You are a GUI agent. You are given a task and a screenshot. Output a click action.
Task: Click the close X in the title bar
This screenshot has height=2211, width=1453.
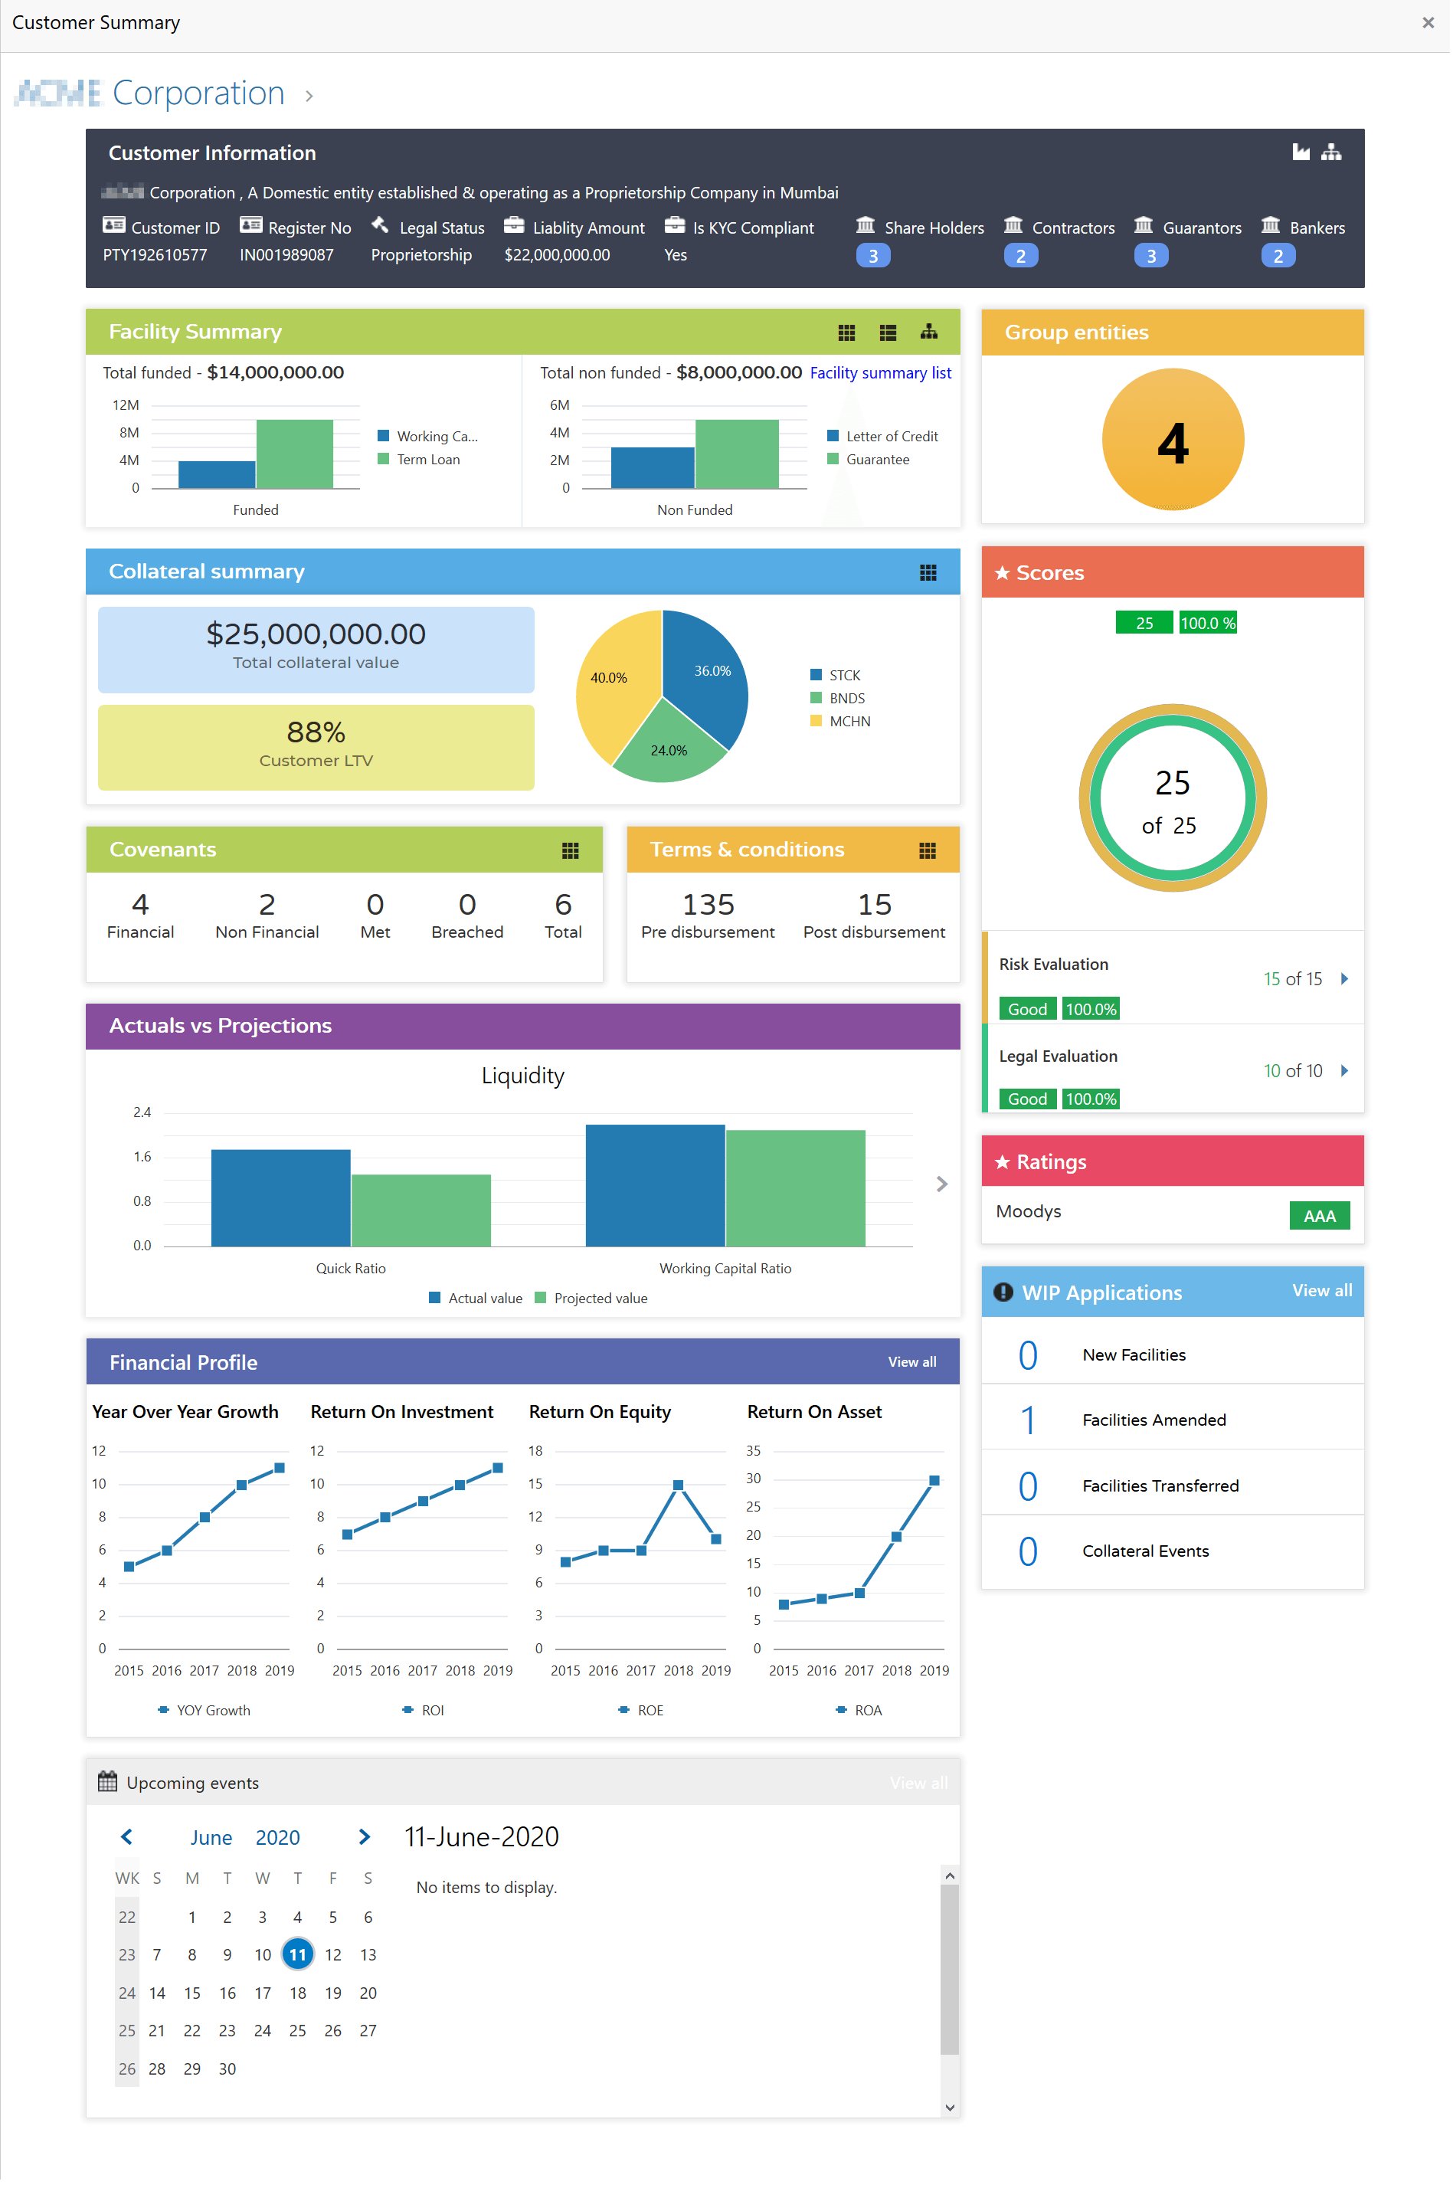tap(1427, 22)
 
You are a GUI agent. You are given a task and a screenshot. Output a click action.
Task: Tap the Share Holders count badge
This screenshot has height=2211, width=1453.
tap(872, 255)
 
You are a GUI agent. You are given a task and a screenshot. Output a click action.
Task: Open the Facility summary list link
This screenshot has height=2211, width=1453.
tap(880, 372)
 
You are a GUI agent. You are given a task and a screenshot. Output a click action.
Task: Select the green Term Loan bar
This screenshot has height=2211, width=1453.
tap(294, 454)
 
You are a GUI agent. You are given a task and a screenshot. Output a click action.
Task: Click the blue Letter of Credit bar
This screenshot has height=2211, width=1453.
tap(652, 467)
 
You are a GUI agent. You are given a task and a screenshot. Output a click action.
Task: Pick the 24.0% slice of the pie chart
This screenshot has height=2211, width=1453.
tap(669, 743)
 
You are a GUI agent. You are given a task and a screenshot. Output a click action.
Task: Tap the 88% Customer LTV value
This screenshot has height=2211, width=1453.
tap(316, 732)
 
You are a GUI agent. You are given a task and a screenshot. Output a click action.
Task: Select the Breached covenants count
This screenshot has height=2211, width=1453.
tap(466, 905)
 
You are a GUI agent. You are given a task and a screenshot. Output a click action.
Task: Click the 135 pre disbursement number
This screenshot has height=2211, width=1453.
tap(708, 905)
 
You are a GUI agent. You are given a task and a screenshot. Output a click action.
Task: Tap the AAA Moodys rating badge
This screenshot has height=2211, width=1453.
tap(1318, 1216)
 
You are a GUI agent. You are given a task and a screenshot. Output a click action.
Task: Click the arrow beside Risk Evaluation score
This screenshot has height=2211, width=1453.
tap(1343, 979)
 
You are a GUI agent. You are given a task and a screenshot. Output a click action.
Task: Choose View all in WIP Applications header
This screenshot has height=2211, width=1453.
tap(1321, 1290)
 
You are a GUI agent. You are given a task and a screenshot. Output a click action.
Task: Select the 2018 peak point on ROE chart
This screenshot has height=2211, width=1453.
tap(678, 1485)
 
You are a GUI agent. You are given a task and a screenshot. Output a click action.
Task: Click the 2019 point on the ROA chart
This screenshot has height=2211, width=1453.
tap(934, 1481)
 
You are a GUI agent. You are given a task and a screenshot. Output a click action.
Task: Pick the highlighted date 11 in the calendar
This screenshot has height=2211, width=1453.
tap(297, 1954)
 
